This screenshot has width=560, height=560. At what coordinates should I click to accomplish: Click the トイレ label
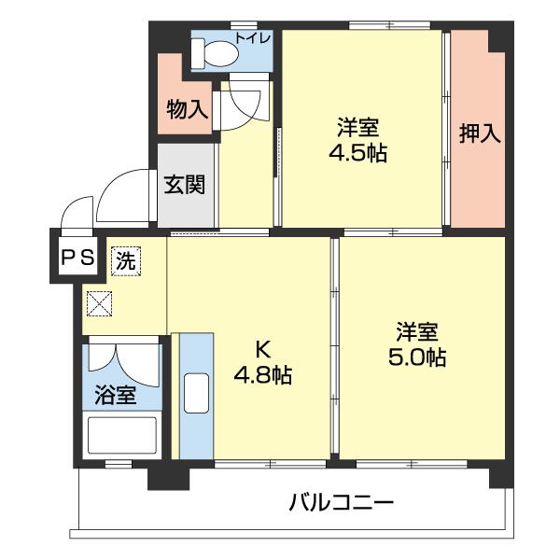click(x=253, y=38)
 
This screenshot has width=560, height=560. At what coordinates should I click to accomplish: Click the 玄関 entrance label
click(x=186, y=183)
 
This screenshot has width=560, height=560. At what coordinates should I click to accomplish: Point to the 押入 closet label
click(x=480, y=133)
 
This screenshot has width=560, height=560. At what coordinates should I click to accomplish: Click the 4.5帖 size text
click(x=358, y=154)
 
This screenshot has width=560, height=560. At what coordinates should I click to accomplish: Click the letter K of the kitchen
click(x=263, y=350)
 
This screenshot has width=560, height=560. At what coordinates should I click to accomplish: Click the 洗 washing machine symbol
click(x=125, y=260)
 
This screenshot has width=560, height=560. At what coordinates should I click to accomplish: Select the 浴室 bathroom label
click(x=116, y=396)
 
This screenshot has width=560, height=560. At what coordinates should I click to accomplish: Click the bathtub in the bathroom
click(x=121, y=436)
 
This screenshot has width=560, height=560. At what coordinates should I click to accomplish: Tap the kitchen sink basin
click(x=197, y=393)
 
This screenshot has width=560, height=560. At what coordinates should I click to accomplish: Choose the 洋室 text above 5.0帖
click(x=416, y=331)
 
